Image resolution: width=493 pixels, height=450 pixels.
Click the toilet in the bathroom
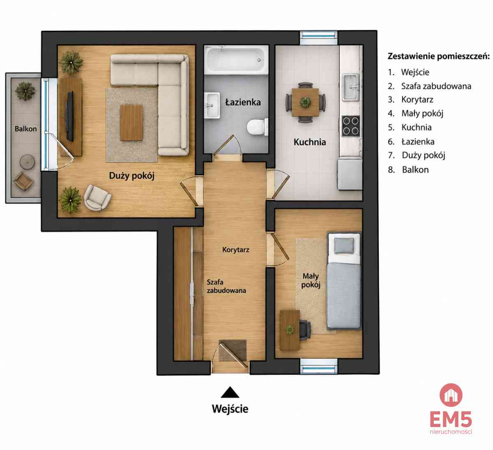tap(257, 127)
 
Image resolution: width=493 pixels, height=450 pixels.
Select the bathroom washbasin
tap(212, 105)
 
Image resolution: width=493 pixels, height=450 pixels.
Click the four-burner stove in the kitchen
tap(351, 126)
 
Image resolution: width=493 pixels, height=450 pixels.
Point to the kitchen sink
tap(351, 87)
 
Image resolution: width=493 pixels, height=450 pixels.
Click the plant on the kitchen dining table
tap(305, 102)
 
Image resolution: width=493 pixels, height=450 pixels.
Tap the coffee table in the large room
tap(131, 123)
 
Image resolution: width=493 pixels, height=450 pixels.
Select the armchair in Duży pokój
tap(97, 198)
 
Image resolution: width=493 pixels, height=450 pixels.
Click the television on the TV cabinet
tap(70, 116)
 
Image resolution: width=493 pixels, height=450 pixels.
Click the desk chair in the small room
tap(305, 329)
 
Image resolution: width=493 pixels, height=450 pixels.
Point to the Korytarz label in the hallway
tap(236, 250)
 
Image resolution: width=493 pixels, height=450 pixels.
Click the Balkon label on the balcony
tap(25, 129)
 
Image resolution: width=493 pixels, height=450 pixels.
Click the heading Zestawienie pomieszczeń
tap(439, 56)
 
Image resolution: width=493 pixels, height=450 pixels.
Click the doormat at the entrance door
tap(233, 350)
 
